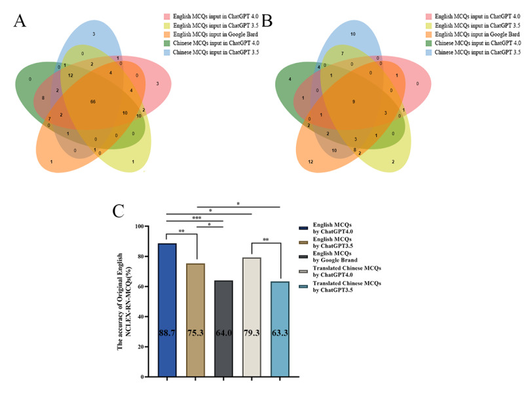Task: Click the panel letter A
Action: point(20,21)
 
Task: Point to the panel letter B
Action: point(269,21)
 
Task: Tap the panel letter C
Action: point(119,211)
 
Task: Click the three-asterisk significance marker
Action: point(195,218)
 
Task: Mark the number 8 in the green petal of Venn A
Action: point(43,98)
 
